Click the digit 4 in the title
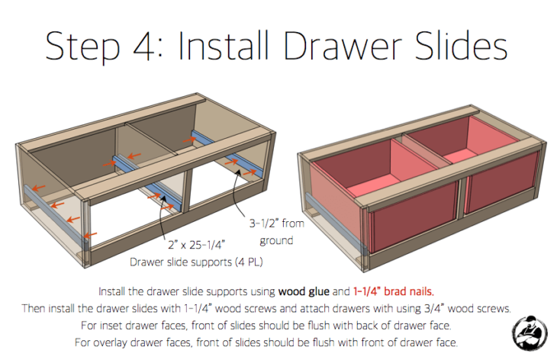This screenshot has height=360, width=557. [x=145, y=47]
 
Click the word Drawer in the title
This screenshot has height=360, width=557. [x=343, y=47]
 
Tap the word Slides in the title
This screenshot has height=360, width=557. [x=461, y=46]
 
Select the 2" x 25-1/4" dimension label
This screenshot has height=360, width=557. [x=196, y=245]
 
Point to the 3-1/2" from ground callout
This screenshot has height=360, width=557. [x=277, y=232]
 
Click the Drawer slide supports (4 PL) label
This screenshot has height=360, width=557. [x=196, y=262]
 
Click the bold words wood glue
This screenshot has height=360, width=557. [x=304, y=291]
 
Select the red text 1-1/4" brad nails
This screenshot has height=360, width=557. [x=394, y=291]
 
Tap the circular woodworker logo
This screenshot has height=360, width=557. [x=530, y=333]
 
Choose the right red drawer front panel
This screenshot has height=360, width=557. [x=501, y=182]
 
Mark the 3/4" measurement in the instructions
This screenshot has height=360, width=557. [x=434, y=309]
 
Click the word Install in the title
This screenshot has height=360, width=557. [x=223, y=46]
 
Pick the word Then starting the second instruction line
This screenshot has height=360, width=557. [x=34, y=309]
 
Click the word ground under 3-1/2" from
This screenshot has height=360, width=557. [x=276, y=241]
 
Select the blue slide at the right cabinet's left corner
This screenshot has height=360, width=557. [x=336, y=224]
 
